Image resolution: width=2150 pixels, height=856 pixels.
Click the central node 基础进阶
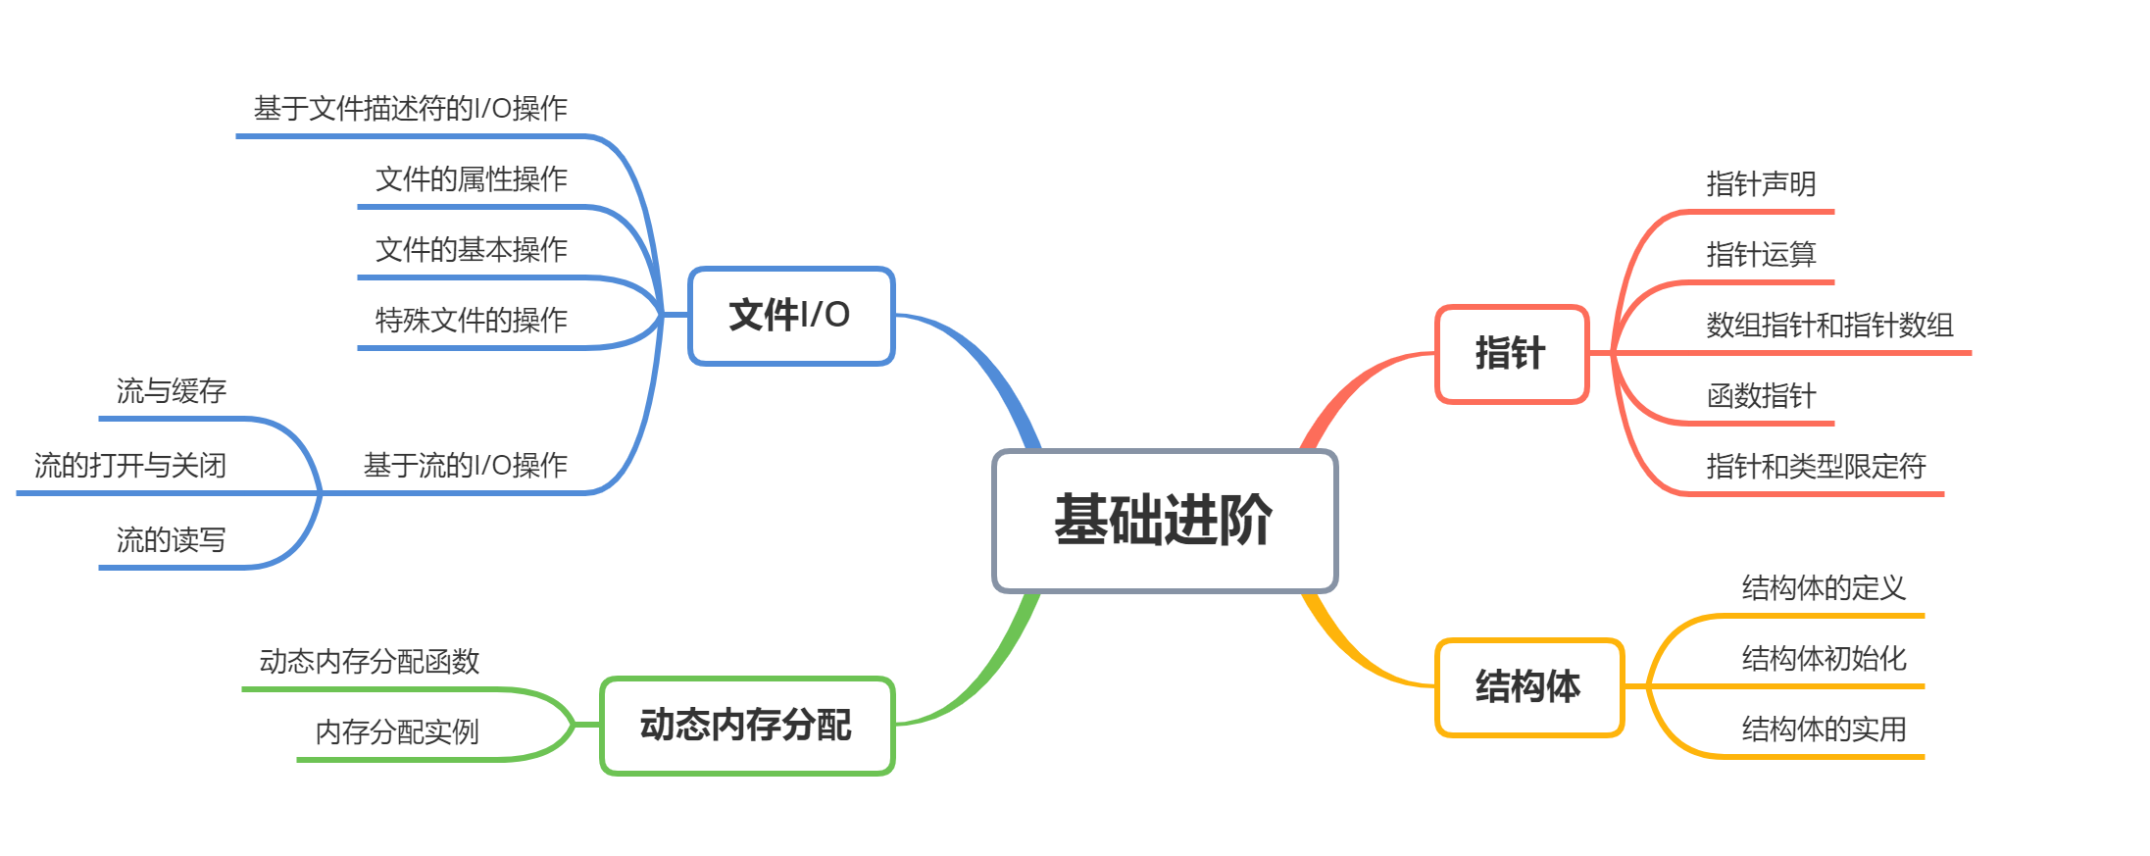coord(1165,521)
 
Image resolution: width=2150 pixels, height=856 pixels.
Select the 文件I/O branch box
coord(791,316)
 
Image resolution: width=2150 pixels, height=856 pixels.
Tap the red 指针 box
coord(1511,354)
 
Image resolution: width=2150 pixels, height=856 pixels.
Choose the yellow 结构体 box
coord(1528,686)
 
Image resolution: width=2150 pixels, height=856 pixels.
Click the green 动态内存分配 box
coord(747,726)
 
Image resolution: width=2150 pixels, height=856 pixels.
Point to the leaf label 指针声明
coord(1761,184)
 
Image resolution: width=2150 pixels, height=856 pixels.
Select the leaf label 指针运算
coord(1761,255)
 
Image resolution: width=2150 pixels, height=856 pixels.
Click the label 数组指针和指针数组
coord(1829,326)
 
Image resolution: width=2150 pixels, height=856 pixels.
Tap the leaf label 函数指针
coord(1761,396)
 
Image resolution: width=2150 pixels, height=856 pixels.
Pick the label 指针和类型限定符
coord(1816,467)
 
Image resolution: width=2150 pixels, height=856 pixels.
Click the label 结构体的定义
coord(1824,588)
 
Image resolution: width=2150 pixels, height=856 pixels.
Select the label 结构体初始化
coord(1824,659)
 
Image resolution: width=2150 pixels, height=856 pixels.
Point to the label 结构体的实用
coord(1824,730)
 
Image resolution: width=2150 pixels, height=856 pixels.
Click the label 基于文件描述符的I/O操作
coord(411,109)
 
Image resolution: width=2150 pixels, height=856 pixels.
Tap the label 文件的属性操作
coord(472,179)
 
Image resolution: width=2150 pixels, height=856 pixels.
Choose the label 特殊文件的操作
coord(472,321)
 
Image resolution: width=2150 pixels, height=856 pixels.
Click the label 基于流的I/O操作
coord(466,466)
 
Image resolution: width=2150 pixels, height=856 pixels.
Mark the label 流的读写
coord(172,540)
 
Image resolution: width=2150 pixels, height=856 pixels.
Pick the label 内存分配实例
coord(397,732)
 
